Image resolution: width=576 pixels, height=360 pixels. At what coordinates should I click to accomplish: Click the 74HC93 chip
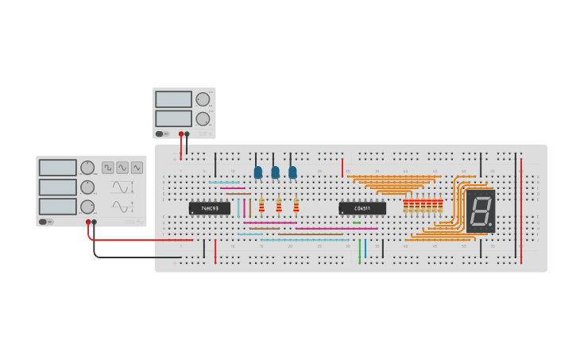coord(209,208)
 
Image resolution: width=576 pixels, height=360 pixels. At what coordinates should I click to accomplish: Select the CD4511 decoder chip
coord(362,208)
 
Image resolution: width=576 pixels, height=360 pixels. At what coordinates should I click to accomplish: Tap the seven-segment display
coord(480,211)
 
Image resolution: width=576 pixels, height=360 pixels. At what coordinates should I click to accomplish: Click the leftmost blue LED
coord(258,172)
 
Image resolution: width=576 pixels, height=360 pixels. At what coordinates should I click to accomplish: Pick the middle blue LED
coord(276,172)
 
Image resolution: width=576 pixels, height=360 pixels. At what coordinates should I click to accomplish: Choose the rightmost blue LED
coord(292,172)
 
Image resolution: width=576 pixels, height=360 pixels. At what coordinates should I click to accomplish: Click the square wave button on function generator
coord(108,168)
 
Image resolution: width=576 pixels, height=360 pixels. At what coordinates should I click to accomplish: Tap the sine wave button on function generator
coord(122,168)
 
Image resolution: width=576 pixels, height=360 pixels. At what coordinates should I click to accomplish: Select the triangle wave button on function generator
coord(137,168)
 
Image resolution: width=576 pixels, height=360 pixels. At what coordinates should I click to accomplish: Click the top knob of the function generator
coord(87,168)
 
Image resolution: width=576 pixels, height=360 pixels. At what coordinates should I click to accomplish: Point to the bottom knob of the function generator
coord(87,207)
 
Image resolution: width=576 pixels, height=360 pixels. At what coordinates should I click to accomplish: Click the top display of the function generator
coord(57,168)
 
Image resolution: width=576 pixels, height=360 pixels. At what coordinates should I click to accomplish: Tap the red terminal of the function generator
coord(88,223)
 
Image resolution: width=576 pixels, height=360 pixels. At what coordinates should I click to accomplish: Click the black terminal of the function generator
coord(95,223)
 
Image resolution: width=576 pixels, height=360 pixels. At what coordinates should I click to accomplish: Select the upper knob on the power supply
coord(203,99)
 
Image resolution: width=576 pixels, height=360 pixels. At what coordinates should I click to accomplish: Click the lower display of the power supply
coord(173,118)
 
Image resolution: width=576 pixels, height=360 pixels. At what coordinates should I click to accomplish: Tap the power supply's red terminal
coord(181,134)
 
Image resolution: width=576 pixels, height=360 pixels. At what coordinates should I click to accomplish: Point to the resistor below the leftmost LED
coord(261,206)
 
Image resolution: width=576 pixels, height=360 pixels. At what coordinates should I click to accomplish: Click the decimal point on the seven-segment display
coord(490,226)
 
